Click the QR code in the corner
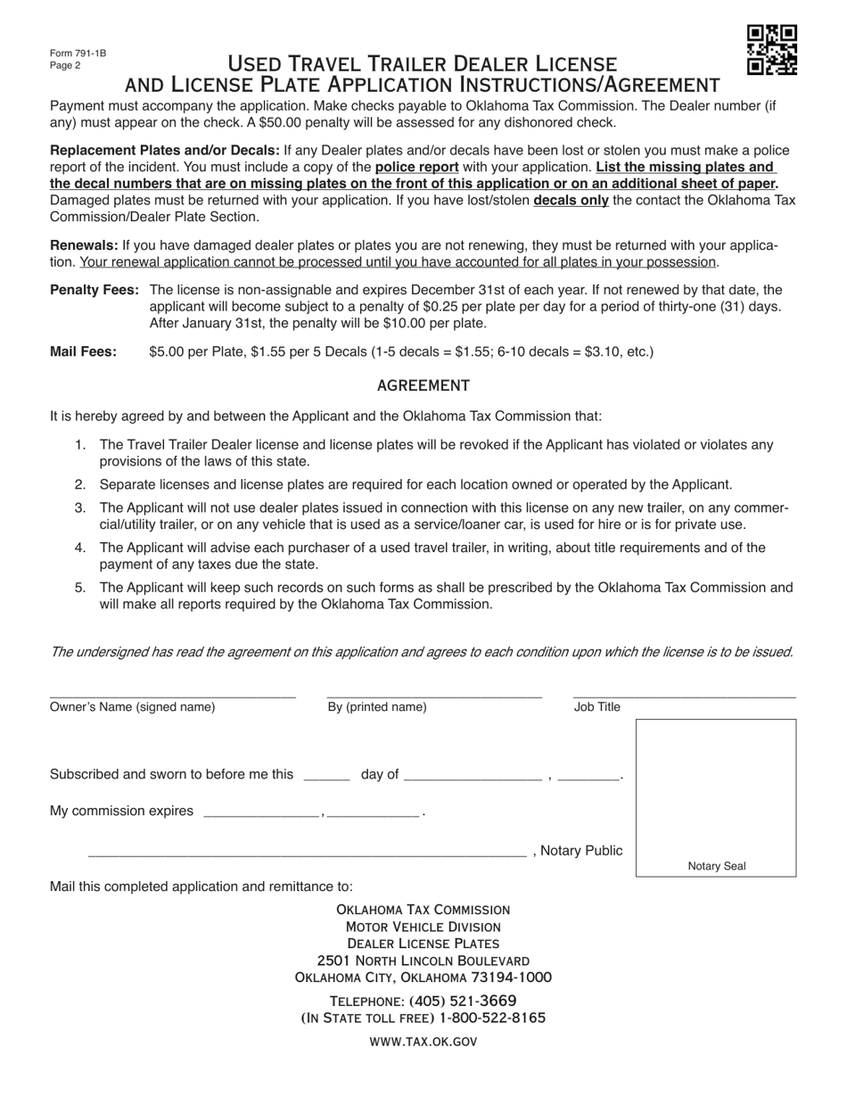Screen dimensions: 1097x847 (x=771, y=50)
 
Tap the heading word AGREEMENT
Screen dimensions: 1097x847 (x=423, y=385)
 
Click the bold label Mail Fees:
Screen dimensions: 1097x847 (x=83, y=351)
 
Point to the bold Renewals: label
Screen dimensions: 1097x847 (x=84, y=245)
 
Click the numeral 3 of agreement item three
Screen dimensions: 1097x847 (x=80, y=507)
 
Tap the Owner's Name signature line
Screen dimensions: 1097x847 (x=172, y=694)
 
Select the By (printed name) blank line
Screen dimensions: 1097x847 (x=434, y=694)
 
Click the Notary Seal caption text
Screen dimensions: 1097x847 (x=716, y=866)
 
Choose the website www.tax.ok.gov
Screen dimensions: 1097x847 (x=423, y=1041)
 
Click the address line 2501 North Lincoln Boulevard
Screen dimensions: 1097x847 (x=423, y=961)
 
